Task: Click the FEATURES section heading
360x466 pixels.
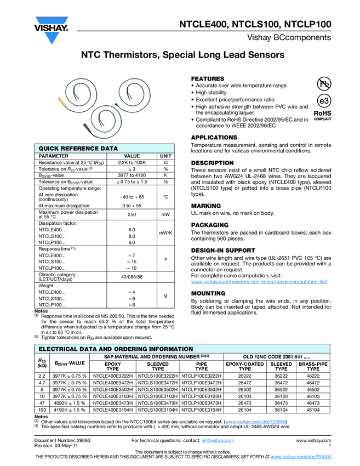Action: coord(208,79)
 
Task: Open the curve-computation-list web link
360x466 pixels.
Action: coord(259,281)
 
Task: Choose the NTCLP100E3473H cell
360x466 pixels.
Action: coord(202,402)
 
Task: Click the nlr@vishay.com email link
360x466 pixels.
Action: coord(218,440)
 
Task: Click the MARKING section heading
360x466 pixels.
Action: coord(206,206)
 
